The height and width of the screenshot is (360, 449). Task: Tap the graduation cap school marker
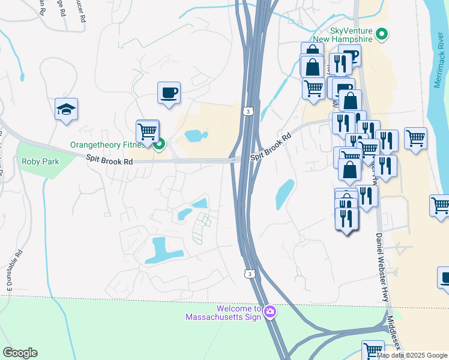click(x=67, y=109)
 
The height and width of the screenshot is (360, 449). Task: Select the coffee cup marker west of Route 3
click(x=169, y=93)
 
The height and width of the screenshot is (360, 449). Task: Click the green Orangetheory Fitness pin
click(x=160, y=144)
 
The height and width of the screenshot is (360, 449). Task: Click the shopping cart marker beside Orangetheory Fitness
click(x=148, y=131)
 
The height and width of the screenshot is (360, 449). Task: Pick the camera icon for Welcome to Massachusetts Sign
click(x=270, y=311)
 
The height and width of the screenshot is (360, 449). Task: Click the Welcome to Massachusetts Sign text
click(x=223, y=313)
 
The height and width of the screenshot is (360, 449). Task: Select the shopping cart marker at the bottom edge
click(x=373, y=350)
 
